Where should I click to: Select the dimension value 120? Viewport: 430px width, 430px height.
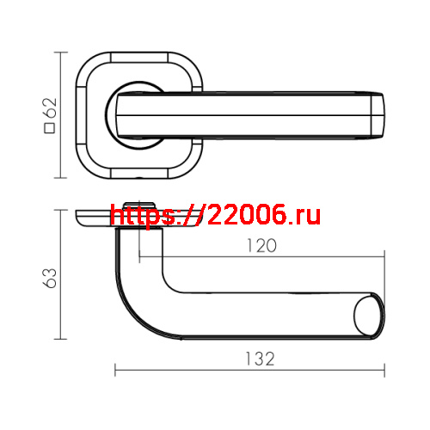click(260, 245)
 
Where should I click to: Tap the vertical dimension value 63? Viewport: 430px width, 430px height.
click(50, 277)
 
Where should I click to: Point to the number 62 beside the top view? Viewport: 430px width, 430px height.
click(49, 108)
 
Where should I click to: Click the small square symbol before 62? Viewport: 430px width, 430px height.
click(49, 129)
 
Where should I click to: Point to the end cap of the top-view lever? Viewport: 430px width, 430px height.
click(378, 114)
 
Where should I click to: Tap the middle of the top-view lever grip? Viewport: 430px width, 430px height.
click(258, 114)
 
